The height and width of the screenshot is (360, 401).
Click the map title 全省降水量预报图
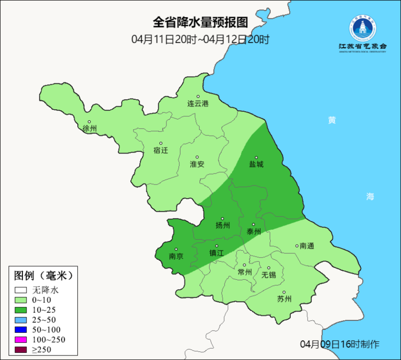pyautogui.click(x=200, y=23)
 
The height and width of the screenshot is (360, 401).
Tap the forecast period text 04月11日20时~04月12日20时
pyautogui.click(x=200, y=39)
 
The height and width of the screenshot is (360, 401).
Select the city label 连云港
pyautogui.click(x=198, y=104)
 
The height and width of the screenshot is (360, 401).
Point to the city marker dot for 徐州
pyautogui.click(x=89, y=121)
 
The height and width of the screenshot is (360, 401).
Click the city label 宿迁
pyautogui.click(x=161, y=150)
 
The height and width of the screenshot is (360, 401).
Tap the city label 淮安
pyautogui.click(x=197, y=164)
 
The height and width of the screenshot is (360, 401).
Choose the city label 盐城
pyautogui.click(x=256, y=164)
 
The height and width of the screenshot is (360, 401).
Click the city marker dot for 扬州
pyautogui.click(x=222, y=219)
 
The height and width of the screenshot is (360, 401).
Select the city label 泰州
pyautogui.click(x=254, y=232)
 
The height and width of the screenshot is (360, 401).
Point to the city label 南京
pyautogui.click(x=176, y=256)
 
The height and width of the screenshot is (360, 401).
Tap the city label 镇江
pyautogui.click(x=216, y=253)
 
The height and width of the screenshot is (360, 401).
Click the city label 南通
pyautogui.click(x=307, y=246)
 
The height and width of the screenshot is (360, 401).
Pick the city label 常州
pyautogui.click(x=245, y=272)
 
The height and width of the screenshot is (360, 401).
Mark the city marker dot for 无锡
pyautogui.click(x=269, y=268)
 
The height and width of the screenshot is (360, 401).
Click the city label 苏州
pyautogui.click(x=284, y=299)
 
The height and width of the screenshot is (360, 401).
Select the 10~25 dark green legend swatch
pyautogui.click(x=21, y=310)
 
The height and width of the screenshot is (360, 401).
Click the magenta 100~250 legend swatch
pyautogui.click(x=21, y=340)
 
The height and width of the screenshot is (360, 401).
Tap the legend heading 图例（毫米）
pyautogui.click(x=43, y=276)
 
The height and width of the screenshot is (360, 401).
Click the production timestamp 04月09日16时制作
pyautogui.click(x=340, y=344)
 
